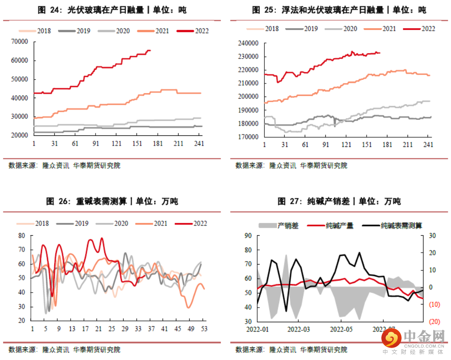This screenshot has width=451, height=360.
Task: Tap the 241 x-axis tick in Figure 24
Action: tap(199, 143)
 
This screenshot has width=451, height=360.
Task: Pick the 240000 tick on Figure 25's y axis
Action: tap(248, 44)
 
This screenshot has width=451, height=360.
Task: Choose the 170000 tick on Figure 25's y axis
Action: tap(248, 137)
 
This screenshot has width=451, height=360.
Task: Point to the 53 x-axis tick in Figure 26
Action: tap(204, 329)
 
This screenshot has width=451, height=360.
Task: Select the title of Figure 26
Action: tap(112, 202)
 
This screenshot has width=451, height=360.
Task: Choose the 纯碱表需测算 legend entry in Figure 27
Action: tap(401, 225)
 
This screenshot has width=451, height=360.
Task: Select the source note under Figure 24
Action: tap(64, 166)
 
